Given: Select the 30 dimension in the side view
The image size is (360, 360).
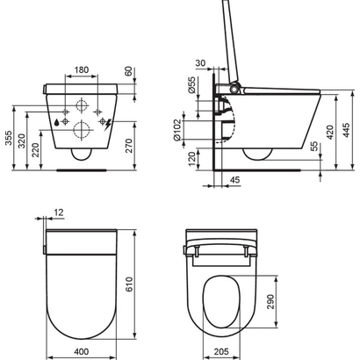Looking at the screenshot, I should tap(201, 62).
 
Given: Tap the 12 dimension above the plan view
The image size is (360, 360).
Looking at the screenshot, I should tap(59, 212).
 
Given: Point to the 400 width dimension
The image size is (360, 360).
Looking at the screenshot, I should tap(81, 351).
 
